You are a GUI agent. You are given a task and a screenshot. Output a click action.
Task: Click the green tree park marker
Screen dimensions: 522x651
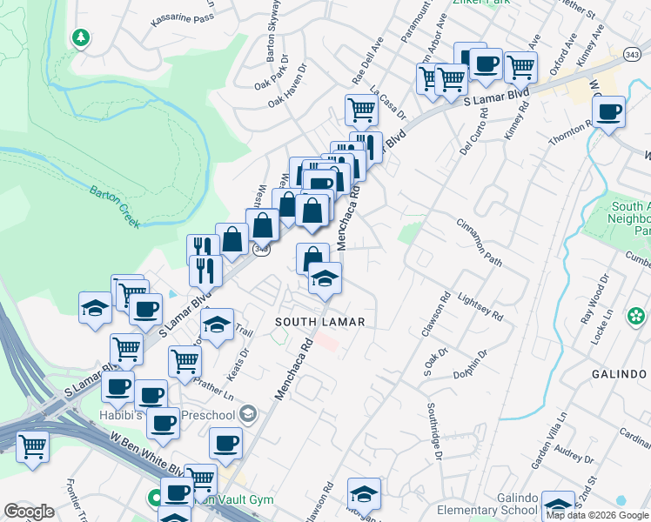[x=81, y=37]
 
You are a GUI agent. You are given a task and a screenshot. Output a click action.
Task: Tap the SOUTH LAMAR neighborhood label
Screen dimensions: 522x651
[x=319, y=322]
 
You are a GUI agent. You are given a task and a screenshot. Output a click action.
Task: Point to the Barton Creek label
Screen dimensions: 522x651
[x=115, y=206]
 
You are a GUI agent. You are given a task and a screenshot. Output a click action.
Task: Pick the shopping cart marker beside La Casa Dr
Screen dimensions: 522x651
[x=361, y=110]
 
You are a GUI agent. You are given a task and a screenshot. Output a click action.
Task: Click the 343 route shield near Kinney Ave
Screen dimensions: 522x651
[x=633, y=55]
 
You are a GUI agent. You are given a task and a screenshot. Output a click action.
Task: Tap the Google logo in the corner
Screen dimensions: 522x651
[x=29, y=512]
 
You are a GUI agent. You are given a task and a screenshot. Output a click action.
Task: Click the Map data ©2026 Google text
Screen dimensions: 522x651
[x=596, y=515]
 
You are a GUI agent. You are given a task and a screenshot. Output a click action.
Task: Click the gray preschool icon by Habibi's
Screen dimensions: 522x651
[x=248, y=412]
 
